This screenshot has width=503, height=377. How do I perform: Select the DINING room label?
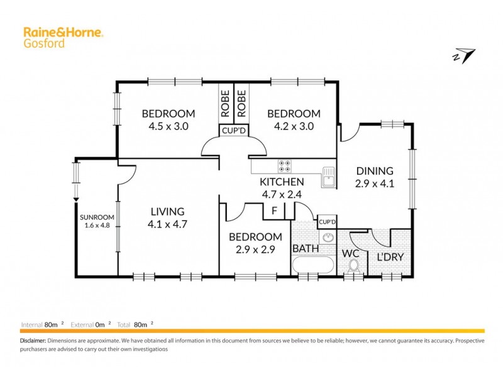[x=374, y=170]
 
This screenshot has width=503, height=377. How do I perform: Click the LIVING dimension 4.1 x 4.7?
[x=167, y=224]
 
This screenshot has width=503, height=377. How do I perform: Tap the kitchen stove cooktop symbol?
[x=284, y=165]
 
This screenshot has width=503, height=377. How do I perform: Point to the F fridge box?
[x=274, y=211]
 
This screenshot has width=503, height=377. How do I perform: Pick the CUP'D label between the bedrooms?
[x=232, y=131]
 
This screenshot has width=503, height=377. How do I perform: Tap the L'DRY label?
[x=389, y=256]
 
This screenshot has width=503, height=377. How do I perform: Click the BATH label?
[x=305, y=249]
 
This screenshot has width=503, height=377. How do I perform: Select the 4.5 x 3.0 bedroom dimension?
[x=168, y=126]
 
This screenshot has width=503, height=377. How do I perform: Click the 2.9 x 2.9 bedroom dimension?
[x=255, y=249]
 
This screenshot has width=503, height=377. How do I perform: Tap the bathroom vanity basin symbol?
[x=327, y=238]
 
